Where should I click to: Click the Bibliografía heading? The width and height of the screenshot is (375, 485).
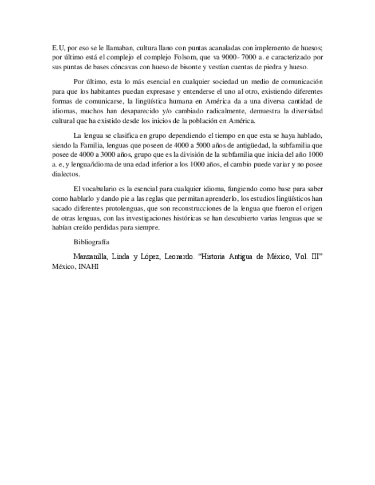coord(93,242)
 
